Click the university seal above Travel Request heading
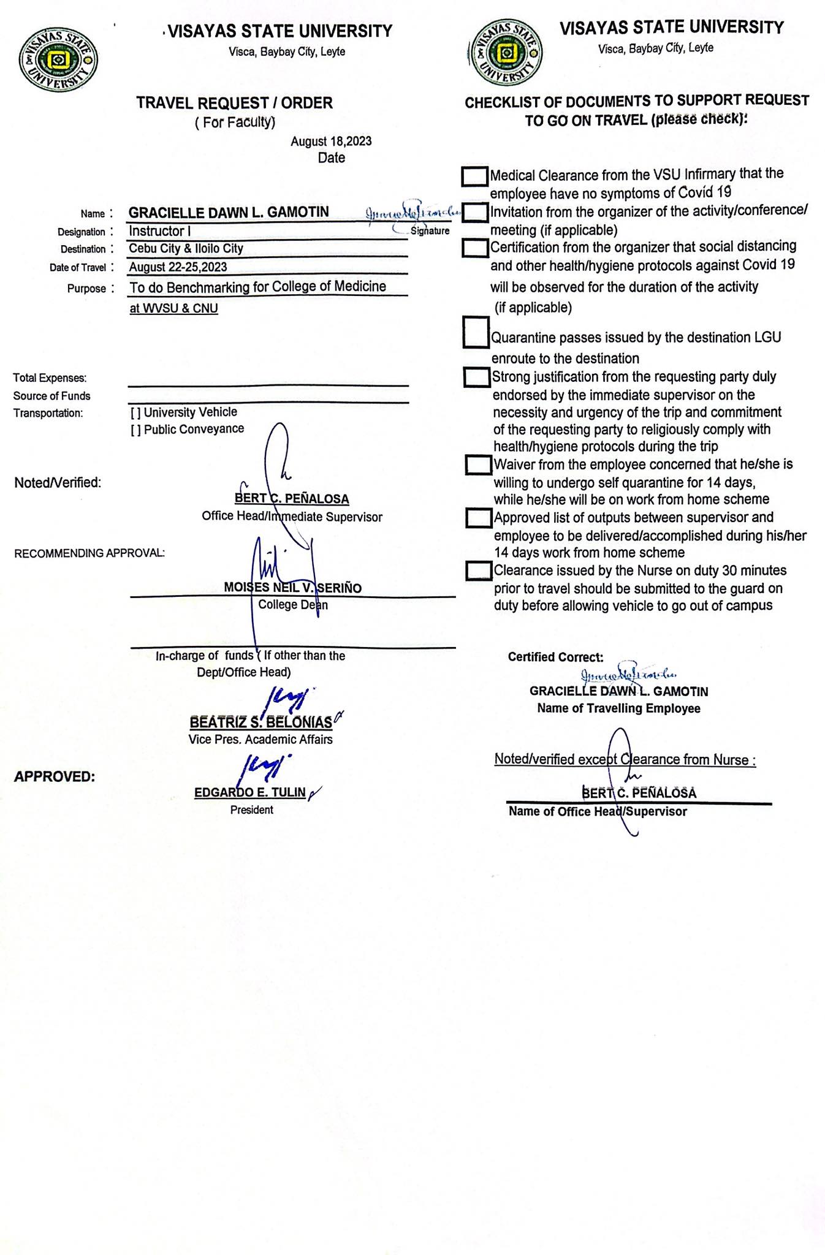pos(58,61)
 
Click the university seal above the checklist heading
pos(505,53)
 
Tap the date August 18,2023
pos(331,142)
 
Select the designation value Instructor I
pos(156,231)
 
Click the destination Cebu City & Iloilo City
pos(186,248)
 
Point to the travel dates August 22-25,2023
pos(178,267)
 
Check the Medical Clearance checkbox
pos(474,176)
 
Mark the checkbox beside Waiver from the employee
pos(478,464)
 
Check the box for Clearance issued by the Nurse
pos(478,571)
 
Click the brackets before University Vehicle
pos(135,413)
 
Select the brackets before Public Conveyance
pos(135,430)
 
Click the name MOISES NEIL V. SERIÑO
pos(292,588)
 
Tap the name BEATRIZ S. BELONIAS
pos(261,722)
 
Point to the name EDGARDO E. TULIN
pos(249,792)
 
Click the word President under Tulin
pos(251,810)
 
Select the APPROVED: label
pos(55,777)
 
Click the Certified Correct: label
pos(555,657)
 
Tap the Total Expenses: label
pos(50,378)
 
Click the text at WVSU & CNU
pos(173,308)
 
